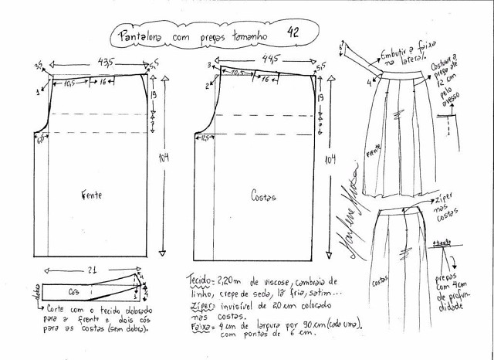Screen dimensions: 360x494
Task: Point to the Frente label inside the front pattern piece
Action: (91, 196)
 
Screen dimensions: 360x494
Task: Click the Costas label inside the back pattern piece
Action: (262, 197)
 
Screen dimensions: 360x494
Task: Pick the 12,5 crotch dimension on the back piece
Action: (206, 139)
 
